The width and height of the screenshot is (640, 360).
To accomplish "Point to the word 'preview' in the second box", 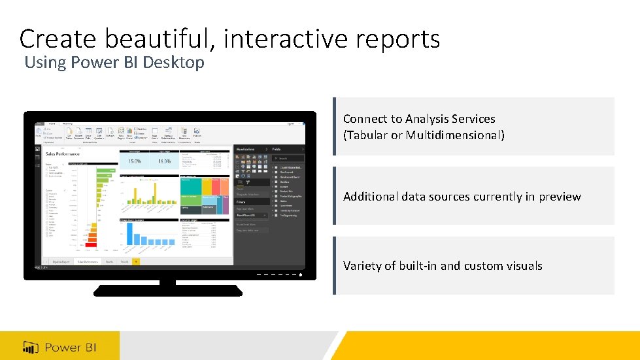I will pyautogui.click(x=558, y=197).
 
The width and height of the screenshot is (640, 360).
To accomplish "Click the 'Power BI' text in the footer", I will pyautogui.click(x=71, y=347).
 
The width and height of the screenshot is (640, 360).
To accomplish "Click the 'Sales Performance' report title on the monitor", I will pyautogui.click(x=63, y=155).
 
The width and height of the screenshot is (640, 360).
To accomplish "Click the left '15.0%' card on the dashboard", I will pyautogui.click(x=134, y=161).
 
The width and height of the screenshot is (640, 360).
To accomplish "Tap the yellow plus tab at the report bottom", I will pyautogui.click(x=136, y=261).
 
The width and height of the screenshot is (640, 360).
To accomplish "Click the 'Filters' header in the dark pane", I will pyautogui.click(x=241, y=203).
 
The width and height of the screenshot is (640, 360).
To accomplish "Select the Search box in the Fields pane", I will pyautogui.click(x=288, y=158).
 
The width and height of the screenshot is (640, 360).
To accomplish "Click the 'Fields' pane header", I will pyautogui.click(x=277, y=149).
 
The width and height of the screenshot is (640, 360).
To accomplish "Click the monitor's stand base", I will pyautogui.click(x=168, y=290).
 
